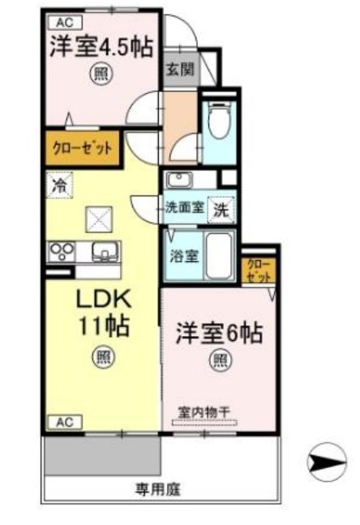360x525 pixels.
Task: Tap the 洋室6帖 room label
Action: coord(220,333)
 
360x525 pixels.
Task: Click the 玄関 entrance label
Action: coord(180,70)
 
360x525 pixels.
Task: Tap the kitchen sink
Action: coord(104,252)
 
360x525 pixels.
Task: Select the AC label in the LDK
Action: coord(65,421)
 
